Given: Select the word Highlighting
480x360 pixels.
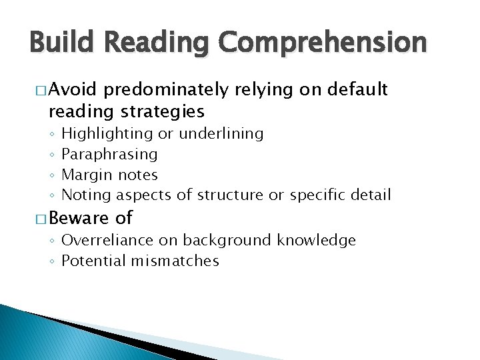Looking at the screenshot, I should coord(107,134).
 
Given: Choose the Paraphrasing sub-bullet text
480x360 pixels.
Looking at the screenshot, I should coord(109,155).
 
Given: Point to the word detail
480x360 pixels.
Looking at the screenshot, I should coord(369,195).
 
